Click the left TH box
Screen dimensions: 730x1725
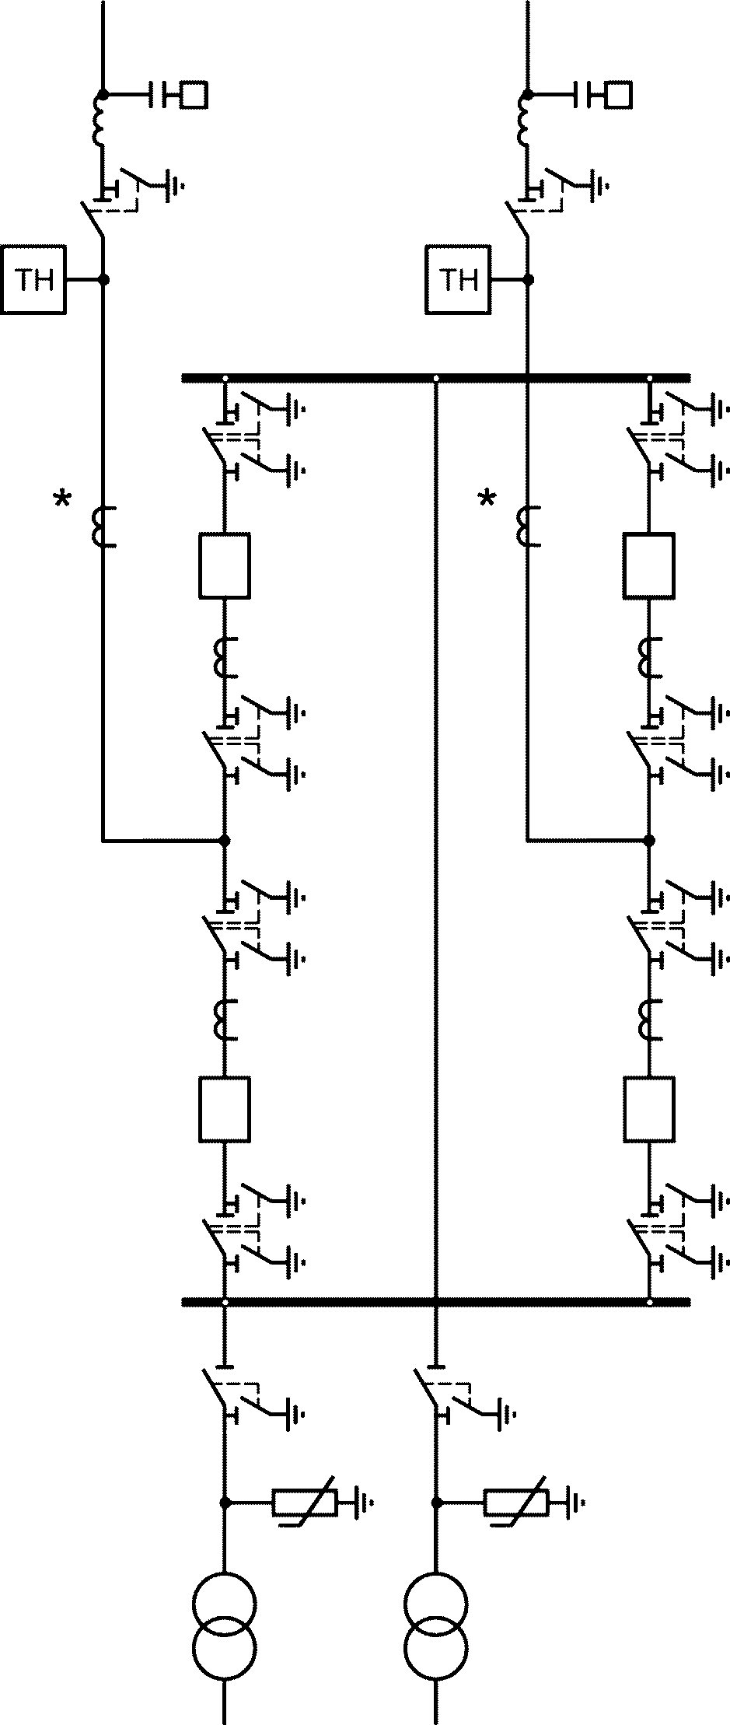[x=33, y=279]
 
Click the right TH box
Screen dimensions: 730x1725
[x=458, y=279]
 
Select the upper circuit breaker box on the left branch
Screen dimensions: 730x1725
[x=225, y=565]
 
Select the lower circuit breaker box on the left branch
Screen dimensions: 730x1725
[x=225, y=1110]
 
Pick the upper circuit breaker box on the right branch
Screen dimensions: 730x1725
[x=649, y=565]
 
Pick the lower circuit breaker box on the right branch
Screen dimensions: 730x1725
[x=649, y=1110]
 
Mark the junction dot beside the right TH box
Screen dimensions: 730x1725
[x=528, y=278]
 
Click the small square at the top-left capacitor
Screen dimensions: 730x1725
[x=194, y=95]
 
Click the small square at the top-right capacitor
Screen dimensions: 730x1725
[x=619, y=95]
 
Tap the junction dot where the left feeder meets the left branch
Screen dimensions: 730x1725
[x=225, y=841]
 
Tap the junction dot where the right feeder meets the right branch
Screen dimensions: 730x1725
[x=649, y=841]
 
